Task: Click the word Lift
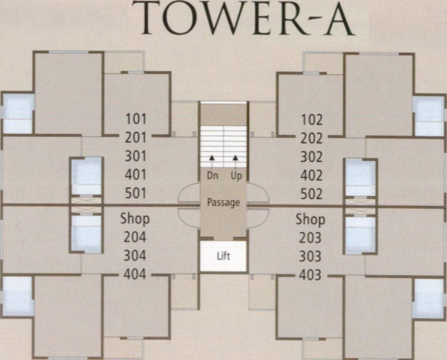tap(223, 256)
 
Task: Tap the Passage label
tap(223, 202)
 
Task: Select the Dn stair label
tap(212, 176)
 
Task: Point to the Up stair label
tap(236, 176)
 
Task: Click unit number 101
tap(136, 119)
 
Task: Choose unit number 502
tap(311, 194)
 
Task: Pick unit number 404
tap(135, 274)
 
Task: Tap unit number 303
tap(310, 256)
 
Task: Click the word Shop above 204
tap(135, 218)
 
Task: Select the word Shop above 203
tap(310, 219)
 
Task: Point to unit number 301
tap(136, 156)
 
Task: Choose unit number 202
tap(311, 138)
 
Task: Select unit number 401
tap(136, 174)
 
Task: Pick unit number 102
tap(311, 120)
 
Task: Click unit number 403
tap(310, 275)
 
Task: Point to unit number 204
tap(135, 237)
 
